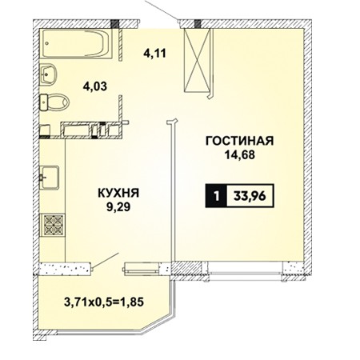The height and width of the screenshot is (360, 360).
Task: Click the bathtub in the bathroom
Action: pyautogui.click(x=76, y=44)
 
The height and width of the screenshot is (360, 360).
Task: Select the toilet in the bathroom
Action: pyautogui.click(x=54, y=102)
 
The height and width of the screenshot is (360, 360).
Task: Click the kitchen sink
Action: pyautogui.click(x=50, y=178)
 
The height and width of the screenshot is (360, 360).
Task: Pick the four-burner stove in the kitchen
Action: pyautogui.click(x=54, y=225)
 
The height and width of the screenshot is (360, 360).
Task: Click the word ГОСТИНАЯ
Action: pyautogui.click(x=239, y=141)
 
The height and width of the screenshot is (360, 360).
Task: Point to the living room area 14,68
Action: pyautogui.click(x=240, y=155)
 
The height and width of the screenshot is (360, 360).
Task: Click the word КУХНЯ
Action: pyautogui.click(x=118, y=193)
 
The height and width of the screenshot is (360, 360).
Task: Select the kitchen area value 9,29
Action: pyautogui.click(x=118, y=207)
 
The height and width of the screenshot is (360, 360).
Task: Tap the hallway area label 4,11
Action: pyautogui.click(x=154, y=54)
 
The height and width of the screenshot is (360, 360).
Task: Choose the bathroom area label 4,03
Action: pyautogui.click(x=95, y=86)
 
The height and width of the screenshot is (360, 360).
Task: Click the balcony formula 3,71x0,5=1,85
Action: pyautogui.click(x=104, y=302)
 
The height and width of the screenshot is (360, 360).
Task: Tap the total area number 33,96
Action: pyautogui.click(x=250, y=196)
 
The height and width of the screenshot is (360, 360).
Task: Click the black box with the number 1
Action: pyautogui.click(x=216, y=196)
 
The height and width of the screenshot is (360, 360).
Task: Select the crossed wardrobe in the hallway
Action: pyautogui.click(x=197, y=60)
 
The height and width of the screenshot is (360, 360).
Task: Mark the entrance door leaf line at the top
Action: pyautogui.click(x=162, y=10)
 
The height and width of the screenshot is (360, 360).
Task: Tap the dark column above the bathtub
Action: pyautogui.click(x=114, y=23)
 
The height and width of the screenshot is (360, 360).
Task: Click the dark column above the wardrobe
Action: pyautogui.click(x=198, y=23)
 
